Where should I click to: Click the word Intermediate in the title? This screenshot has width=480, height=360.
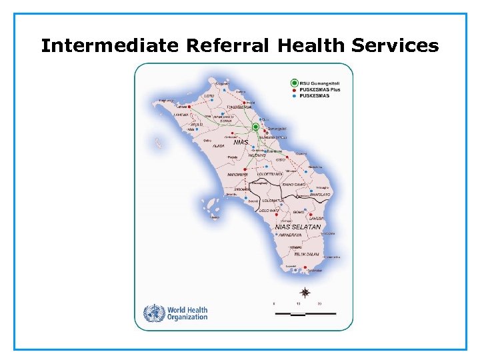coord(110,46)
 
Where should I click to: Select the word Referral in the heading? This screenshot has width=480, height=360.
coord(227,46)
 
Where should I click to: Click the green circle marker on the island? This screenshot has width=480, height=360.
coord(255,127)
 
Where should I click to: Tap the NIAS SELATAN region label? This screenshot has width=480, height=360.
coord(298,227)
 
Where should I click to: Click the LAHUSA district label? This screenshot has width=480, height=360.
coord(316,218)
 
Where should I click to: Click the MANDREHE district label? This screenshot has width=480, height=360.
coord(237,175)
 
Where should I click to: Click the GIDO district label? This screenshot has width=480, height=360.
coord(281,159)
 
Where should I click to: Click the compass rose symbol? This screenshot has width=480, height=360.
coord(305,292)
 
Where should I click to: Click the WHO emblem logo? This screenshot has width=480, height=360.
coord(155,313)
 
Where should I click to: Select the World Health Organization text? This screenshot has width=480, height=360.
coord(187,313)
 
